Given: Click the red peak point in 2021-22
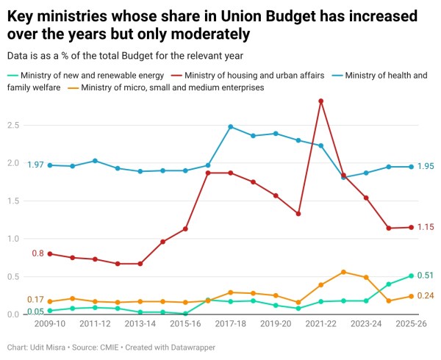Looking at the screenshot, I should pos(320,101).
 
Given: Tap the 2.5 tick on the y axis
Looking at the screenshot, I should pos(13,125).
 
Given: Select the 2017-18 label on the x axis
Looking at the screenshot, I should pos(230,323).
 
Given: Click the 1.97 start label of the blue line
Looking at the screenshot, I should pos(36,165).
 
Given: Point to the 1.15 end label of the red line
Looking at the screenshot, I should pos(426,227).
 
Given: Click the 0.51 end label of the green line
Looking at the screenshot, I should pos(426,276).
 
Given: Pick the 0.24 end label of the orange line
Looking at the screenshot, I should pos(426,296).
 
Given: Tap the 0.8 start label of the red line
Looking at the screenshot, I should pos(37,253).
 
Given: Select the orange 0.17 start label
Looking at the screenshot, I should pos(35,300).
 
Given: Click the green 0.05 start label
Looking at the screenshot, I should pos(35,312).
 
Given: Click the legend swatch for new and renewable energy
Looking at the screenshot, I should pos(12,75).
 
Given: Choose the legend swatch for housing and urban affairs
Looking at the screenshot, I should pos(177,75).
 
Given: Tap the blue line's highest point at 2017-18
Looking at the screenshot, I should pos(230,126).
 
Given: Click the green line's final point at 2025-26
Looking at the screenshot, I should pos(411,276).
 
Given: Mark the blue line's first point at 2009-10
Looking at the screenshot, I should pos(50,165).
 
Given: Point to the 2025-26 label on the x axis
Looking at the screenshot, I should pos(411,323).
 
